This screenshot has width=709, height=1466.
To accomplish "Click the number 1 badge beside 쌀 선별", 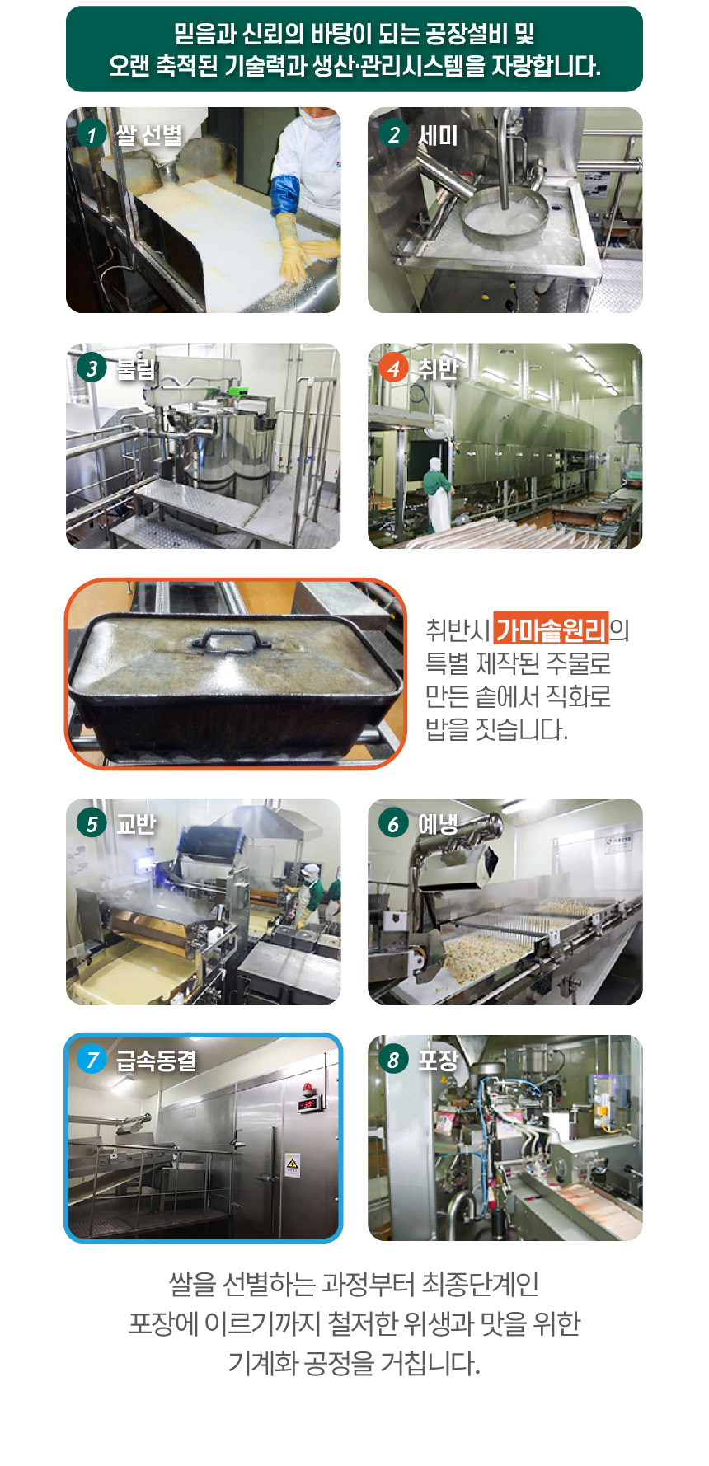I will [x=92, y=134].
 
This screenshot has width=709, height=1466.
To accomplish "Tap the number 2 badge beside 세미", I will [x=393, y=134].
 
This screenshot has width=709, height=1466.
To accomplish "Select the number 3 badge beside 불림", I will [x=92, y=368].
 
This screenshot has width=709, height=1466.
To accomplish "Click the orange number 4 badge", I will [x=393, y=368].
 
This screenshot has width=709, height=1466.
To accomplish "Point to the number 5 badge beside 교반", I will [x=92, y=823].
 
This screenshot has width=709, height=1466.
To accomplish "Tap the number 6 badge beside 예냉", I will [x=393, y=823].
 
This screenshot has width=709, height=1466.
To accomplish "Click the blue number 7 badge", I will [x=92, y=1059].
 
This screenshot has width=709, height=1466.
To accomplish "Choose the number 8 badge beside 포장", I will [x=393, y=1059].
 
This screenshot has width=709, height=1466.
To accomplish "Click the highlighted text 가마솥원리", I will [x=551, y=630].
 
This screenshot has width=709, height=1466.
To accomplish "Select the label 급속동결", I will [x=156, y=1060].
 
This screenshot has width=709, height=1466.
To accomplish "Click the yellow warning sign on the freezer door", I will [x=292, y=1163].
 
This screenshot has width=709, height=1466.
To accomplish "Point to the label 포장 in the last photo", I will [x=438, y=1060].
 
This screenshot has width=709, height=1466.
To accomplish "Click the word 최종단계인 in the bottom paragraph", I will [x=480, y=1284].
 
